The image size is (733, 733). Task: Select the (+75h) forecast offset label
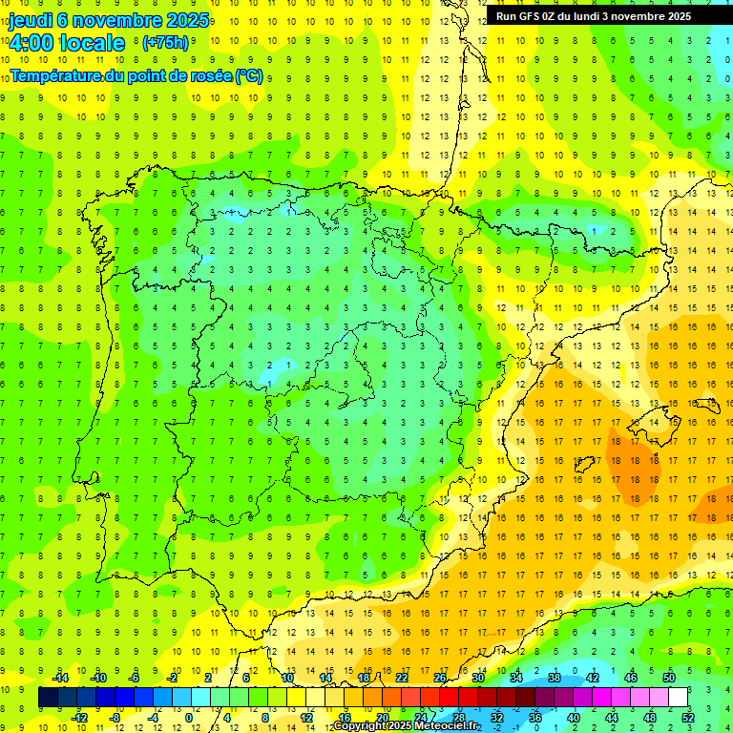(165, 43)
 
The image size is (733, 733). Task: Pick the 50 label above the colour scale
(668, 678)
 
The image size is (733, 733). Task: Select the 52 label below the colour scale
(688, 718)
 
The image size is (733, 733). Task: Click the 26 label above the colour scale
(439, 678)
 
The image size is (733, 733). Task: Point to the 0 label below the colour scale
(189, 718)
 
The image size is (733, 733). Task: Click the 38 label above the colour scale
(554, 678)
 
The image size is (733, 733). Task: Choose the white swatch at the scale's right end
(679, 698)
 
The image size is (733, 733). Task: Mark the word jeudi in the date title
(31, 20)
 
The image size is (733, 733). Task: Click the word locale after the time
(92, 43)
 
